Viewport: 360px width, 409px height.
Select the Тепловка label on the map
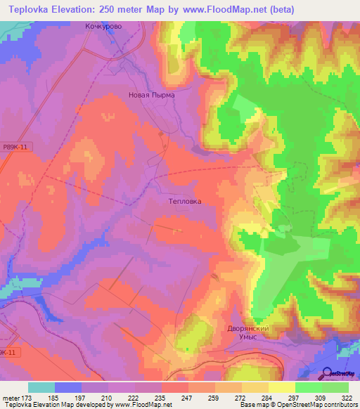point(186,201)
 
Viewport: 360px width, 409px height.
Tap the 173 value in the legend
point(28,397)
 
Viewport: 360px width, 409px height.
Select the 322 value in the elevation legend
point(348,397)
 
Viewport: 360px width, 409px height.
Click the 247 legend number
point(187,397)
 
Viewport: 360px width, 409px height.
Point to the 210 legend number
point(108,397)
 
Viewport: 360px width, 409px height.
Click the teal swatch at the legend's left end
point(41,387)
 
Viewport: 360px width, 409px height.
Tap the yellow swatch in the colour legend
point(282,387)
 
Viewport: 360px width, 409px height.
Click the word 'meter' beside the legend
point(10,397)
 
